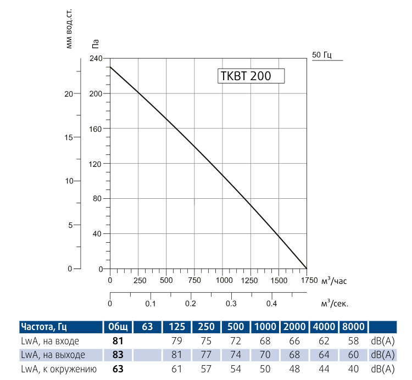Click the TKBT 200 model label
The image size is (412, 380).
click(x=246, y=76)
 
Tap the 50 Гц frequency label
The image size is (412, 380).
click(x=322, y=55)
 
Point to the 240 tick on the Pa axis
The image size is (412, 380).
click(x=96, y=58)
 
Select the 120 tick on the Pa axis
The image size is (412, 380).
click(x=96, y=164)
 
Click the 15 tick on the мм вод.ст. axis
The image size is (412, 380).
click(x=69, y=137)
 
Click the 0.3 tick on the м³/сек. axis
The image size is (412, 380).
click(x=231, y=303)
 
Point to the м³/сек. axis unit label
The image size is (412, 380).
click(x=335, y=303)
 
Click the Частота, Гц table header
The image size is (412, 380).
click(x=43, y=327)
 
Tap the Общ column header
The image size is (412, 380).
click(x=118, y=327)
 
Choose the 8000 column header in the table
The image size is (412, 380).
click(x=354, y=327)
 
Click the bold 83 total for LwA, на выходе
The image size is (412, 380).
click(x=118, y=354)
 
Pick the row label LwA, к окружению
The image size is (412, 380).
click(x=59, y=368)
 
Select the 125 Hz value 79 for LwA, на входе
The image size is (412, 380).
click(x=176, y=341)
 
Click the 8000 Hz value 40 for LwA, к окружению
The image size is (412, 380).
click(x=354, y=368)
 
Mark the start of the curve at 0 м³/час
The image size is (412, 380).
click(x=110, y=67)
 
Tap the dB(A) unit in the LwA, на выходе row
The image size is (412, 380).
click(x=382, y=354)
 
